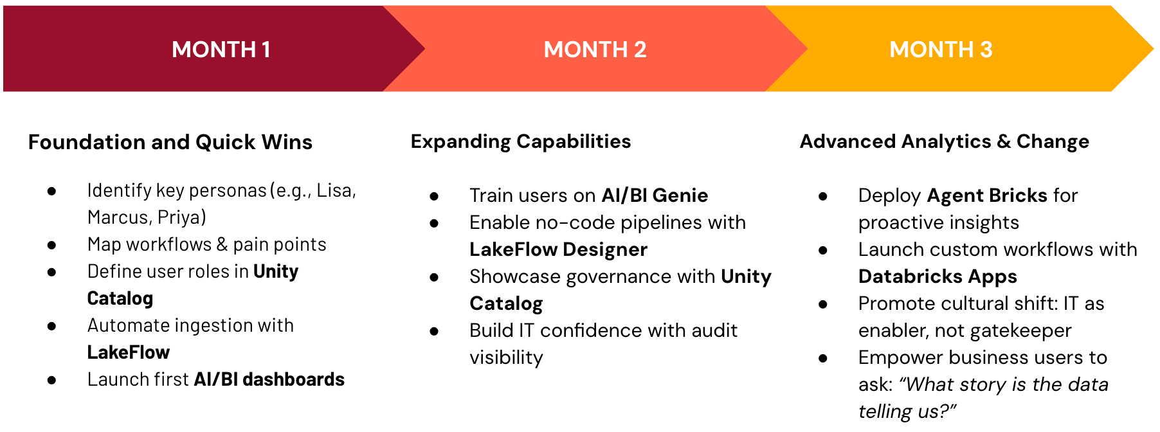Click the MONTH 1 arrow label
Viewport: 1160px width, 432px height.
coord(221,50)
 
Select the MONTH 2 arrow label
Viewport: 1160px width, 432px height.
coord(595,50)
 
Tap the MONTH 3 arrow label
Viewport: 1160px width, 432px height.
coord(941,50)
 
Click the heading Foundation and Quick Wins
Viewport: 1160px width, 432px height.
coord(170,142)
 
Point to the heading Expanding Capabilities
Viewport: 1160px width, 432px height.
coord(521,142)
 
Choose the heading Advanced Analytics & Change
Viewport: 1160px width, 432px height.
coord(945,142)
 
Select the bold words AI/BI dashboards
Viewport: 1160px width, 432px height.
coord(269,379)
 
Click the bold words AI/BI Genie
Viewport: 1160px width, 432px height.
coord(655,195)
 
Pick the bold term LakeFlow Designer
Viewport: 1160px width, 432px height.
coord(558,249)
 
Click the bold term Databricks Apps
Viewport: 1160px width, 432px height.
coord(938,276)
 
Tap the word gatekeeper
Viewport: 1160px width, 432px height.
coord(1020,330)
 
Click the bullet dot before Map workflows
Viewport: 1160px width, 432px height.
coord(51,245)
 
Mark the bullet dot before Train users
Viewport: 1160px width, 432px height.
coord(434,196)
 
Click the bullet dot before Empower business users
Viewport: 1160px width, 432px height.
coord(823,358)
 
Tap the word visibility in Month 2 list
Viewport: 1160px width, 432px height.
coord(506,357)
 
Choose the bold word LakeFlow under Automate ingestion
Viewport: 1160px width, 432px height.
coord(129,352)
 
